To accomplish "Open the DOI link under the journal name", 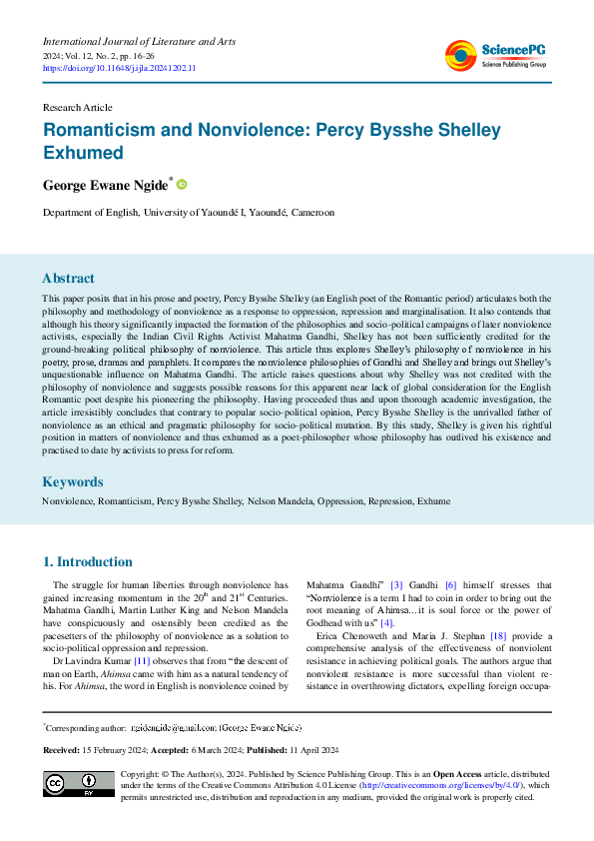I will (119, 68).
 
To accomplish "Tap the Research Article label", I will (76, 105).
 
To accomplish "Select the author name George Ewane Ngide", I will (106, 186).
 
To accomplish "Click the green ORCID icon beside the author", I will (182, 185).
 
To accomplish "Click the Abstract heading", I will (68, 279).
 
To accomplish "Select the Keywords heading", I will (72, 480).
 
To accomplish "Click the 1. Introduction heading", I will (88, 561).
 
